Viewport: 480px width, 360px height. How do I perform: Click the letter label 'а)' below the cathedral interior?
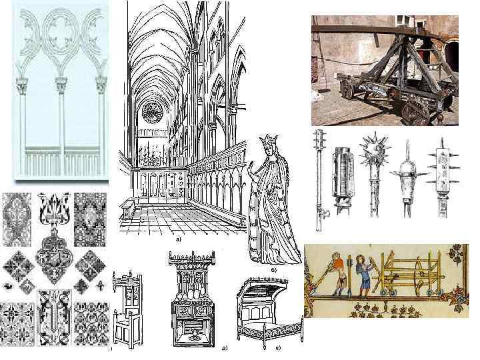(x=177, y=238)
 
